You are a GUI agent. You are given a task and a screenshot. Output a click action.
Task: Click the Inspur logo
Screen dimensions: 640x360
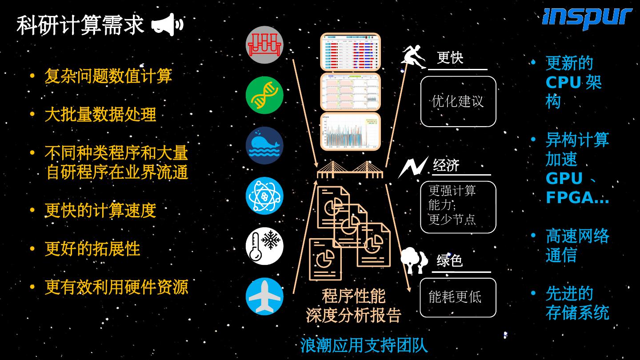[x=587, y=19]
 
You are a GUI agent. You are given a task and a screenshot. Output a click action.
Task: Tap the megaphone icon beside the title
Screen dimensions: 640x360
[x=167, y=24]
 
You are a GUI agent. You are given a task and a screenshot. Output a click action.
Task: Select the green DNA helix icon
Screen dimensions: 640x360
[x=264, y=95]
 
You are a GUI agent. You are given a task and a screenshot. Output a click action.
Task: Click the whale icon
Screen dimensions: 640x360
[x=264, y=145]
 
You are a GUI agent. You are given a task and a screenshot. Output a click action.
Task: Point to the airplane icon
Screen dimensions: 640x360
[x=264, y=296]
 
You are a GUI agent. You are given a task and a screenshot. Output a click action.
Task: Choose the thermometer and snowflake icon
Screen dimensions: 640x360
[x=264, y=246]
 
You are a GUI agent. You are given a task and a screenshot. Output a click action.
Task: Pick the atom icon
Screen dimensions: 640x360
[x=264, y=196]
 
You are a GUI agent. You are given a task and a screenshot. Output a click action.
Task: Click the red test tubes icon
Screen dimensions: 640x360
[x=264, y=45]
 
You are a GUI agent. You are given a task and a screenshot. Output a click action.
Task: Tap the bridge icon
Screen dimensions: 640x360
[x=350, y=170]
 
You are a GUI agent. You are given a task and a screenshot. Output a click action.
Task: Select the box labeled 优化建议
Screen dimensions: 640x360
[x=458, y=101]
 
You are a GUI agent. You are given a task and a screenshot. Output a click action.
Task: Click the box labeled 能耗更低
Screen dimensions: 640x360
[x=458, y=297]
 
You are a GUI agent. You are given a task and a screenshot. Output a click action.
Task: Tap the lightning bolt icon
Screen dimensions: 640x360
[x=413, y=167]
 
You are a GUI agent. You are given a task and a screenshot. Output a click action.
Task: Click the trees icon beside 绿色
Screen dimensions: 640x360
[x=414, y=260]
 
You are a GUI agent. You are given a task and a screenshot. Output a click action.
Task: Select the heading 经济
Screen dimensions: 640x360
[x=446, y=165]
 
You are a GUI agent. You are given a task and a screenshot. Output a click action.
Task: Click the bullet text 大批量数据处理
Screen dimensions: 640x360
[x=100, y=115]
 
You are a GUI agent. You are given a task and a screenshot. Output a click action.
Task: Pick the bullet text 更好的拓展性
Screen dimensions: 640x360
[x=92, y=249]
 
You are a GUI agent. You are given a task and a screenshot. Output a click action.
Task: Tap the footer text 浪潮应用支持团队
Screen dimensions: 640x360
[x=364, y=345]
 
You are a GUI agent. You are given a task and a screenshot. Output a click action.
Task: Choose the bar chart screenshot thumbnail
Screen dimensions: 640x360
[x=350, y=132]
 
